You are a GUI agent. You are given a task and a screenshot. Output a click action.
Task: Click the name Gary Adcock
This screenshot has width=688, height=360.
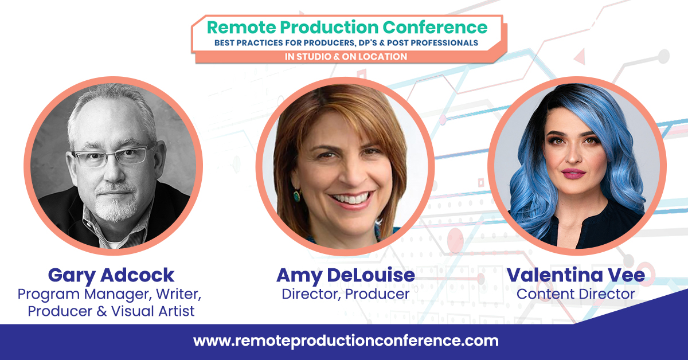[x=111, y=276]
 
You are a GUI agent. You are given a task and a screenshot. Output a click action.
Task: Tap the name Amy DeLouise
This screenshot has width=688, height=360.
[x=345, y=276]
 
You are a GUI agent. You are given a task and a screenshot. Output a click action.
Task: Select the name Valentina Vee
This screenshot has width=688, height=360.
[x=576, y=276]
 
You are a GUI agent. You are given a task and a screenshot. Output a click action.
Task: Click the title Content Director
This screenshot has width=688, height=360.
[x=576, y=294]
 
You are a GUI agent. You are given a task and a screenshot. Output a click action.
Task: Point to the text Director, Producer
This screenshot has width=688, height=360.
[x=345, y=294]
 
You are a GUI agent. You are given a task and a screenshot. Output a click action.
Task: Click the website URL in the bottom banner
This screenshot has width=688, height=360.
[x=346, y=341]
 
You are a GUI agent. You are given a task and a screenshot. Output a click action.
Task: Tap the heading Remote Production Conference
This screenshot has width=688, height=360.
[x=347, y=27]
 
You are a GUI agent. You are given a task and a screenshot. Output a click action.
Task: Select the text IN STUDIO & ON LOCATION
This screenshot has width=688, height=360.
[x=346, y=56]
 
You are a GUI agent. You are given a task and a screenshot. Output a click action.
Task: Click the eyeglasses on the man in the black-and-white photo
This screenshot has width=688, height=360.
[x=112, y=156]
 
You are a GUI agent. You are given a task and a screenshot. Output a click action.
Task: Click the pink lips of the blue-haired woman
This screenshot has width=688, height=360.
[x=573, y=173]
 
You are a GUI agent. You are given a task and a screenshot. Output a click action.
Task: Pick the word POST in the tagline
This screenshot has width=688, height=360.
[x=401, y=42]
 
